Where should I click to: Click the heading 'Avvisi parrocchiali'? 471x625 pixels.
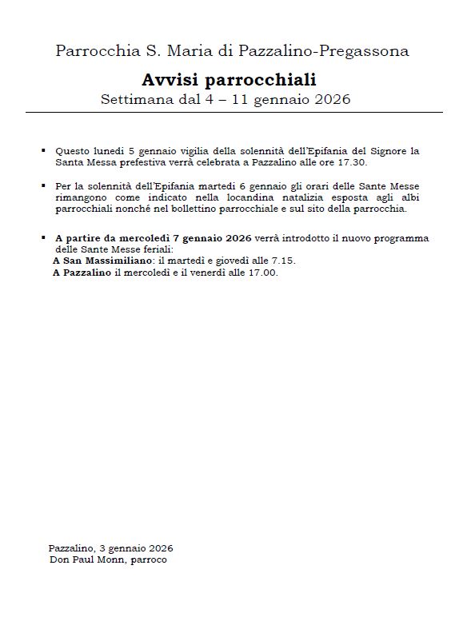point(229,79)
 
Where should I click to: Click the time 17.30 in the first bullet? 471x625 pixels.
point(353,161)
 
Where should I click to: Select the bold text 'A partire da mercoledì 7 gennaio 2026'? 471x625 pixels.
point(154,238)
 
